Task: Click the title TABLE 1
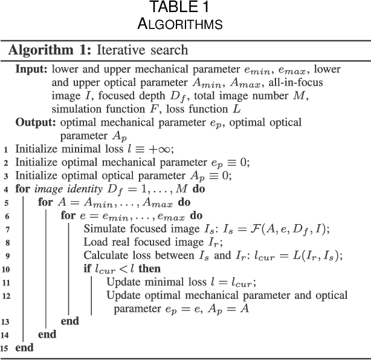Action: point(185,8)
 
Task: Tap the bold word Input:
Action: point(33,69)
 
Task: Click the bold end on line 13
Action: point(70,321)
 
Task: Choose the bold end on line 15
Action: point(24,349)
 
